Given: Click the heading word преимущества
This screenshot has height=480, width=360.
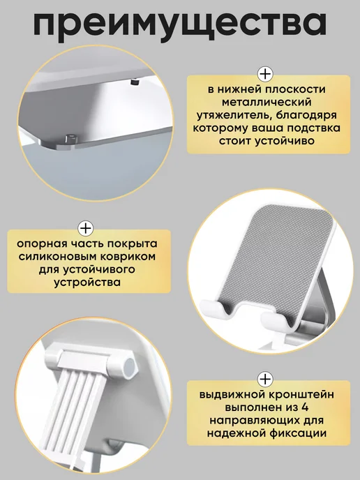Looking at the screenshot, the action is (180, 24).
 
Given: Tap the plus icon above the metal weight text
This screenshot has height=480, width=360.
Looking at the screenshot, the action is (265, 74).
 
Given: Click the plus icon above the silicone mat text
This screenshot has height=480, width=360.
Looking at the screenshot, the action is (86, 228).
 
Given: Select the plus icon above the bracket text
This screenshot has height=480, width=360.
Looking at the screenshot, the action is (265, 380).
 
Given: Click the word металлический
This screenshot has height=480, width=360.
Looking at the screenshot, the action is (267, 103).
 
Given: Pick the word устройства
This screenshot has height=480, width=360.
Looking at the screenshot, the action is (87, 283).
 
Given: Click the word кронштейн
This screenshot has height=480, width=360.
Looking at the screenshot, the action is (301, 395).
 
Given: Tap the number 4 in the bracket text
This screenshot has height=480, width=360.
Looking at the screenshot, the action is (304, 407).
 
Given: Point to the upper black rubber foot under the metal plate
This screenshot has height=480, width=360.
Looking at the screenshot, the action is (134, 82).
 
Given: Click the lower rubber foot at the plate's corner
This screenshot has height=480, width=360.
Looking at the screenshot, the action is (71, 137).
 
